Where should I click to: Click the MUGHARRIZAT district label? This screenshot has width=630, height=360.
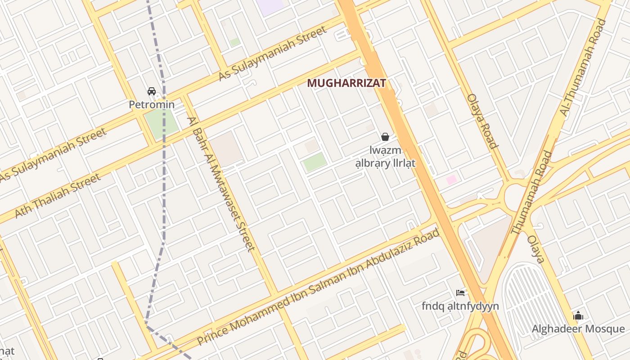(346, 83)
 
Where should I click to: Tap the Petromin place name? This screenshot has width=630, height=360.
(152, 105)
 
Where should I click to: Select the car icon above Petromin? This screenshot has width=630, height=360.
(152, 91)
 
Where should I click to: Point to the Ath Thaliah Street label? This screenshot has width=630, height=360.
(58, 195)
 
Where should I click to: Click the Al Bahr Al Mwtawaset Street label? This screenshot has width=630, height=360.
(221, 184)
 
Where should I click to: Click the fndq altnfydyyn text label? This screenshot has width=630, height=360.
(460, 306)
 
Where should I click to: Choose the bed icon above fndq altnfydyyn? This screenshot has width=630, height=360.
(460, 293)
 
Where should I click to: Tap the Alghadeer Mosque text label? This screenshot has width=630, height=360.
(578, 329)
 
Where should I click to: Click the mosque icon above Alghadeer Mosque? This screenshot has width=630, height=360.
(578, 316)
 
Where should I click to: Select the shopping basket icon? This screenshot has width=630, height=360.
(385, 137)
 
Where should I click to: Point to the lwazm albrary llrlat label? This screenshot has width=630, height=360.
(385, 157)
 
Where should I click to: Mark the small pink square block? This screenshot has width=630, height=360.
(451, 180)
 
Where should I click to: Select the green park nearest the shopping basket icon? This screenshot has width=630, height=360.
(315, 162)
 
